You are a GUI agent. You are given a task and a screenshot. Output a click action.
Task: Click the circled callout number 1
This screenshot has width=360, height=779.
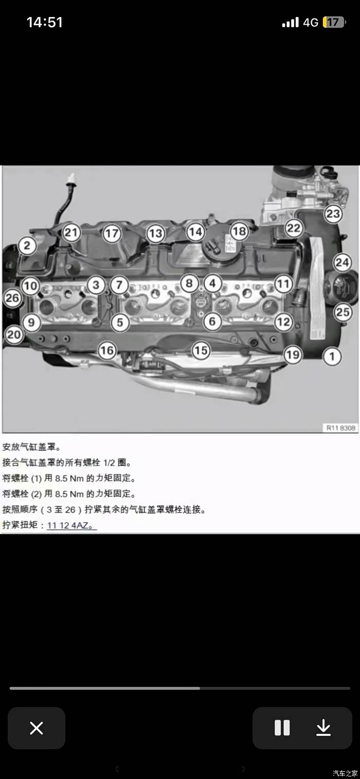coord(332,356)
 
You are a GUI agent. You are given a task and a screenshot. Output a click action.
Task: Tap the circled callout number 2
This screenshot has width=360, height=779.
coord(27,245)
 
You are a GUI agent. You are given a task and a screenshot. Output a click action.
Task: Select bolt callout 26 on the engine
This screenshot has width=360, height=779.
coord(12,298)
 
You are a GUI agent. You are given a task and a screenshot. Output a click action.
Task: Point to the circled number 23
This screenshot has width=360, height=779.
coord(333,213)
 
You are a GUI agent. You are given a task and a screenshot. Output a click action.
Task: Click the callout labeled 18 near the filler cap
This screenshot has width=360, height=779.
coord(239,231)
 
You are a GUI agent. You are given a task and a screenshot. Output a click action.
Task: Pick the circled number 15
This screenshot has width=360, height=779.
coord(201,350)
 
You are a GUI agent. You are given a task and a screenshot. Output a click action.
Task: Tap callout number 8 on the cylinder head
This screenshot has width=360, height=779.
coord(189,283)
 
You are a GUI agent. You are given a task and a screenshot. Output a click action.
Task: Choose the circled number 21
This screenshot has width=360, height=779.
coord(71,232)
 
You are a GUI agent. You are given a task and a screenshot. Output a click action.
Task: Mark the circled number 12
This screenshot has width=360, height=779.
coord(283,322)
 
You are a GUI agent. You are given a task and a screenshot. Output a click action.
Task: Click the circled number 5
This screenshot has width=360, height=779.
coord(120,322)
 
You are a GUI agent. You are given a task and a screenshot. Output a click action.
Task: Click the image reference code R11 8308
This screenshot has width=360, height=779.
coord(340,428)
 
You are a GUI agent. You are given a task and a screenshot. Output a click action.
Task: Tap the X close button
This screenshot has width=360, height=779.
coord(36,728)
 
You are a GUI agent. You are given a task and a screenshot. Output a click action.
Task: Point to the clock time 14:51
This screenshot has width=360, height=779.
coord(45,22)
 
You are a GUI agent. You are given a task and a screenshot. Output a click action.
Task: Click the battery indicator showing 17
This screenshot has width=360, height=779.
coord(334,22)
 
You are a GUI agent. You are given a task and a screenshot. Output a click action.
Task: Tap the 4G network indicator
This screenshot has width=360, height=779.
coord(310,23)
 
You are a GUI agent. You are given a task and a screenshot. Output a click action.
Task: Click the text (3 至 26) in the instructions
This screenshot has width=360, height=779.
coord(61,510)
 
